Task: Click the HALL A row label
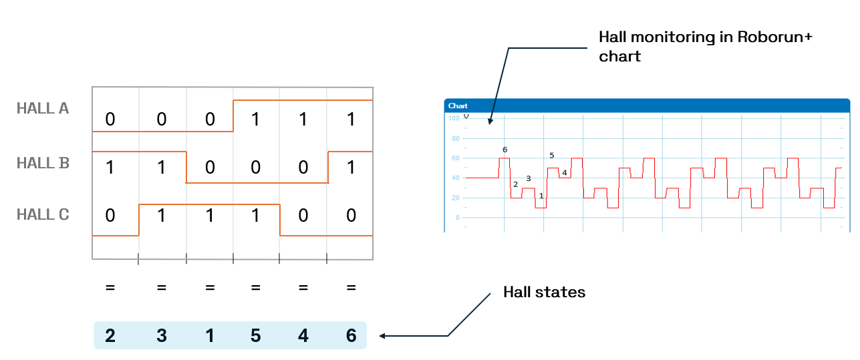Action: tap(43, 108)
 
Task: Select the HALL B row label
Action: tap(43, 163)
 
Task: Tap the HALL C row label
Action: tap(43, 215)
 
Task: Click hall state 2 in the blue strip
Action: tap(110, 336)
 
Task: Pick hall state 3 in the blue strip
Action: tap(161, 336)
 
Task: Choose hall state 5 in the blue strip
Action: tap(255, 336)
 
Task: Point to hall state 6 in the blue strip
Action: tap(351, 336)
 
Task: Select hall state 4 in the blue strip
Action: tap(303, 336)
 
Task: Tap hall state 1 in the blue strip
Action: tap(210, 336)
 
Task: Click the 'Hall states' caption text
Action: tap(544, 293)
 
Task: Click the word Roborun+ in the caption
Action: tap(775, 37)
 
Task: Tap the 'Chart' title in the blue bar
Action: tap(458, 106)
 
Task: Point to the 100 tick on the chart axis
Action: tap(454, 119)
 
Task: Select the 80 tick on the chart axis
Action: tap(456, 139)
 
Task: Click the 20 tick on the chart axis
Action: tap(456, 198)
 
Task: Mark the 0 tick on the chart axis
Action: tap(458, 218)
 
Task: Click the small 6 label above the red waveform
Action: tap(505, 150)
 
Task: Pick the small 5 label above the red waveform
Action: tap(551, 156)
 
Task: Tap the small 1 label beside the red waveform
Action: tap(541, 196)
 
